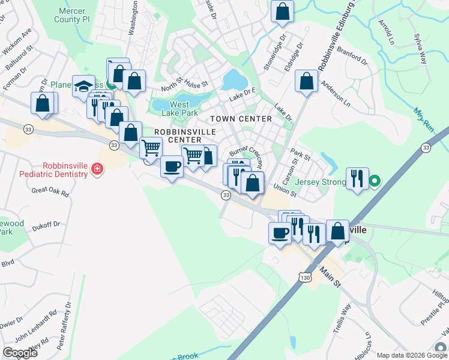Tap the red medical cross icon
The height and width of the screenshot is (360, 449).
coord(97,171)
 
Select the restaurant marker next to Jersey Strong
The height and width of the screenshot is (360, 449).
coord(357,178)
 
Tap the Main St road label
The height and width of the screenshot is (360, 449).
coord(329,275)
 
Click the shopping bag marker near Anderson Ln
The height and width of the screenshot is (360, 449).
coord(307,82)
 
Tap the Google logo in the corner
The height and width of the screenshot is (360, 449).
coord(20,353)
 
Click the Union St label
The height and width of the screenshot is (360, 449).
coord(285,190)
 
